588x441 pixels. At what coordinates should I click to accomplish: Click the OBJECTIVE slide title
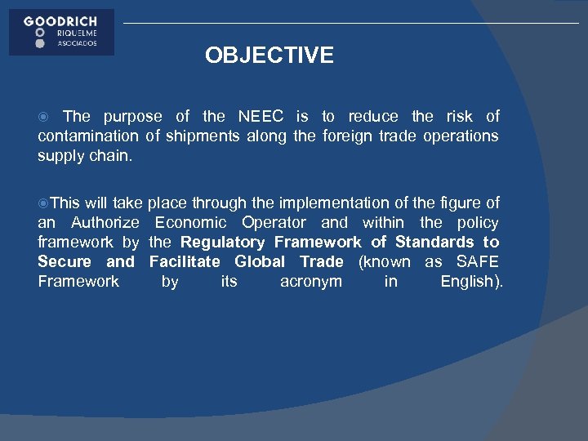(269, 56)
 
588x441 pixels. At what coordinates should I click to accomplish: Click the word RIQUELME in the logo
(77, 33)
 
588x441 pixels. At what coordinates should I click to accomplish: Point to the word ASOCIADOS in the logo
(77, 43)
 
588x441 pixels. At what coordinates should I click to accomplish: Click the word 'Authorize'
(105, 223)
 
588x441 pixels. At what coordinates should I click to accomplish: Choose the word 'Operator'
(274, 223)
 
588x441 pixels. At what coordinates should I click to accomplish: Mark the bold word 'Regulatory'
(222, 243)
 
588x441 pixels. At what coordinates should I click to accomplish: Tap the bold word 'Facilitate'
(185, 262)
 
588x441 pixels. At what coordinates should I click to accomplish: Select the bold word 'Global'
(260, 262)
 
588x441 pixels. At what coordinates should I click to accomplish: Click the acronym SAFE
(478, 262)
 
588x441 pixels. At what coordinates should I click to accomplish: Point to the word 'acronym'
(311, 282)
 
